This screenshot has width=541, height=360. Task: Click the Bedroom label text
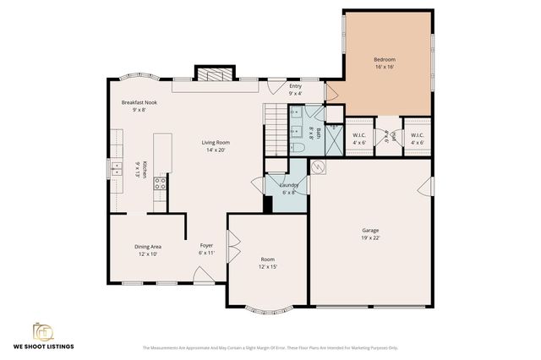385,59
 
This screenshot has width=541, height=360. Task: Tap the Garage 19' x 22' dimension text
370,238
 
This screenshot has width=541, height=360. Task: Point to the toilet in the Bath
297,147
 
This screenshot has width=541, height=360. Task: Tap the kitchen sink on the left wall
113,169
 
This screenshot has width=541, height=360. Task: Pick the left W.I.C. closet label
358,135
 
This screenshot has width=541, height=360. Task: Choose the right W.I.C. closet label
417,135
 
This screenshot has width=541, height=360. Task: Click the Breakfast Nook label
139,102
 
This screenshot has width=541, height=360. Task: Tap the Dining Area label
148,246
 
